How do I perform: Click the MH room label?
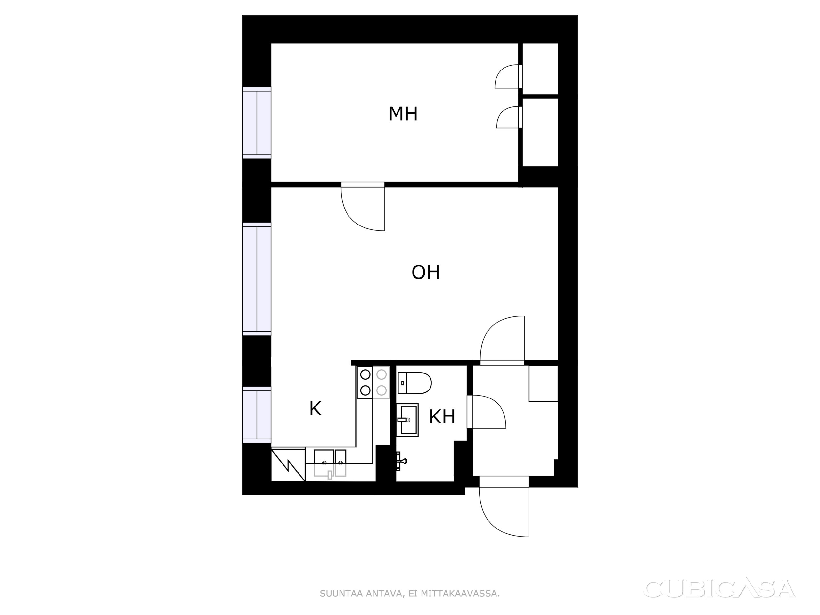403,114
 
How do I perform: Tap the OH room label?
426,273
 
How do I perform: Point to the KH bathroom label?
442,417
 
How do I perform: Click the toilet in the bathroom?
414,383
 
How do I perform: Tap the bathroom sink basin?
407,420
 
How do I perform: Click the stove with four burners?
373,382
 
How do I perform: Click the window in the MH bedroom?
257,123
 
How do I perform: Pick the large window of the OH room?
257,279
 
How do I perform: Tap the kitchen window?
257,415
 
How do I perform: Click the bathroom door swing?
487,412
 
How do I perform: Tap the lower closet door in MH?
509,117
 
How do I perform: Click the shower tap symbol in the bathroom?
401,461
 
